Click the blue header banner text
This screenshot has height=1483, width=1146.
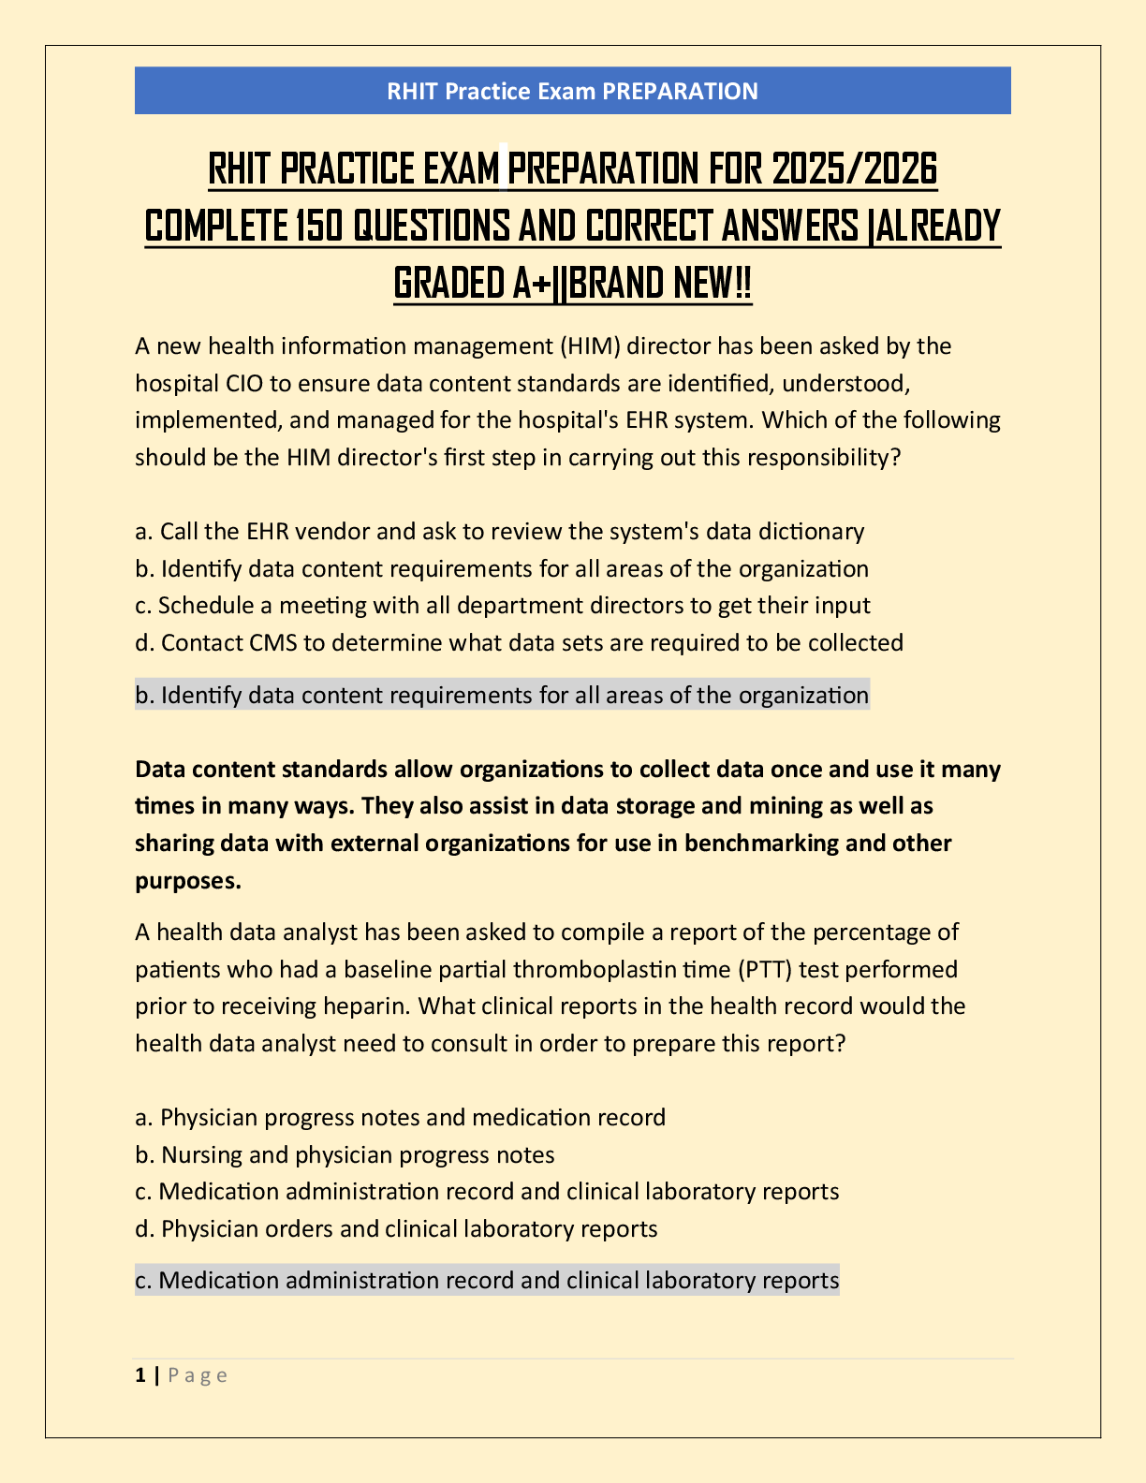click(x=572, y=91)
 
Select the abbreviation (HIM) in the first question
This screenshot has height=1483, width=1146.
click(x=590, y=346)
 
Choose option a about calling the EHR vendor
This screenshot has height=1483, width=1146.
click(x=499, y=532)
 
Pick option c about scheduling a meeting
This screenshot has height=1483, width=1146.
click(x=502, y=606)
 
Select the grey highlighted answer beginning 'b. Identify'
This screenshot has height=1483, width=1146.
click(x=502, y=696)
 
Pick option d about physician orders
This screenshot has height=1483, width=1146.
click(x=396, y=1229)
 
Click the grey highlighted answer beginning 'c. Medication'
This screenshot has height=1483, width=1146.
click(x=487, y=1280)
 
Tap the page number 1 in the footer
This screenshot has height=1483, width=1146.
click(x=140, y=1375)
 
